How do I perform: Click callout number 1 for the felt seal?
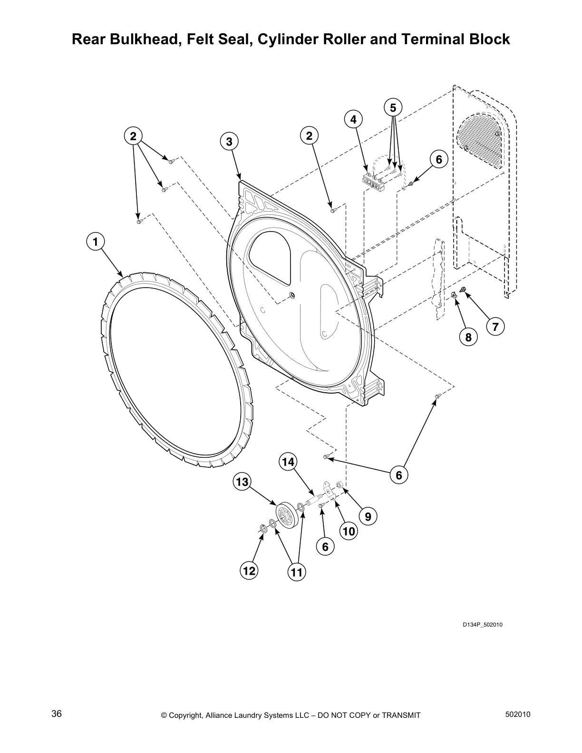(95, 241)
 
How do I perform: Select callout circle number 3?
(229, 141)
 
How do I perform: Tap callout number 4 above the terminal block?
(353, 120)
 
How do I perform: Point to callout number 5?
(393, 108)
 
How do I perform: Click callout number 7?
(495, 327)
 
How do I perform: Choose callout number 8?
(468, 337)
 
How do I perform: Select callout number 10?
(349, 531)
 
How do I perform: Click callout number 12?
(249, 570)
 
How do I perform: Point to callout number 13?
(242, 482)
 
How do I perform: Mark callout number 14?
(288, 462)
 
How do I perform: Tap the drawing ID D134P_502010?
(483, 625)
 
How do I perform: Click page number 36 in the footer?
(57, 714)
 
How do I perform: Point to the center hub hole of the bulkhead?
(292, 295)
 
